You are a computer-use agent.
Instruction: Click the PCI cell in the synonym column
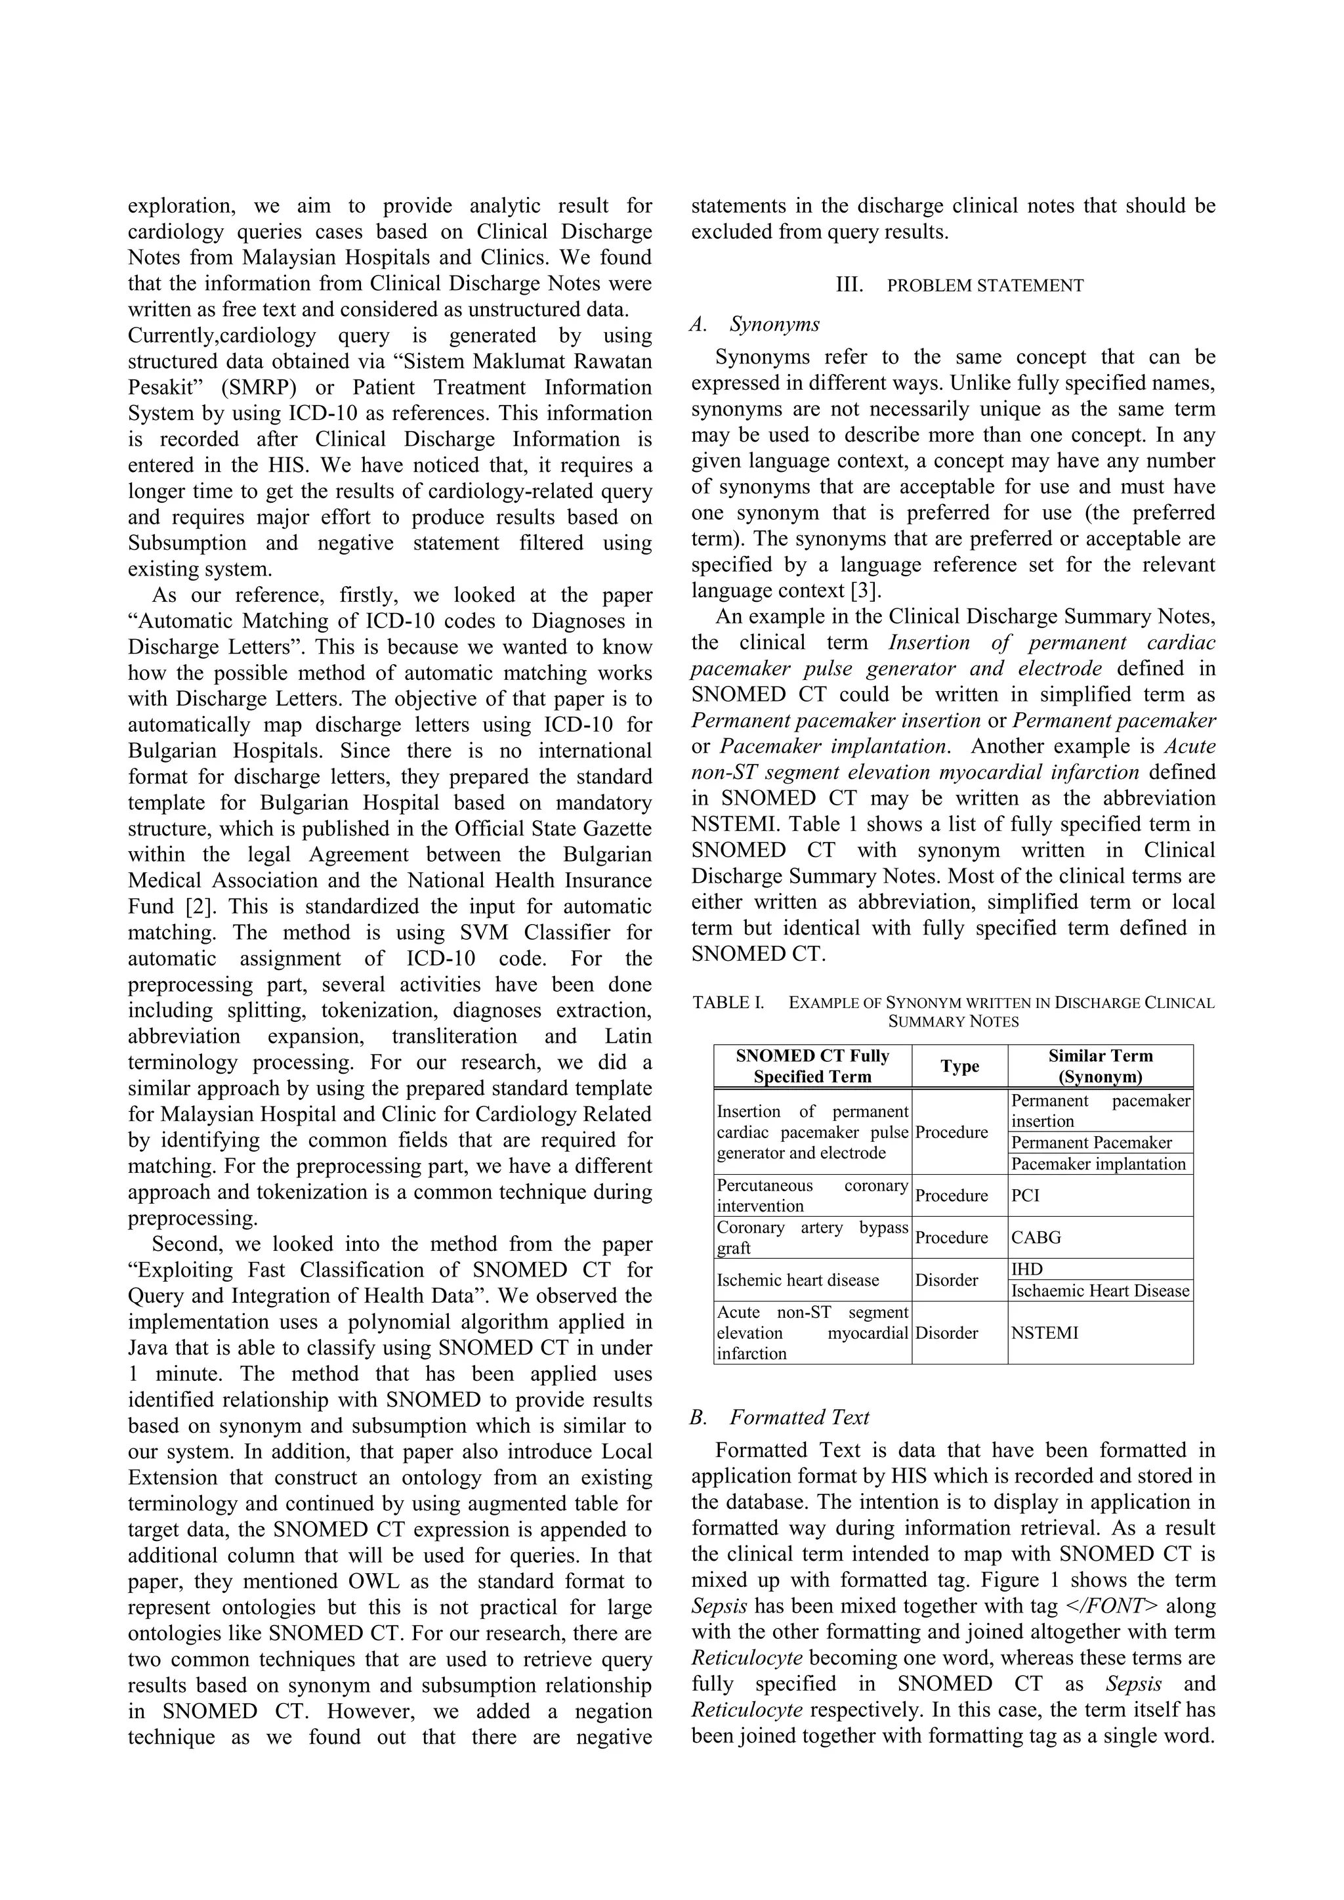coord(1024,1196)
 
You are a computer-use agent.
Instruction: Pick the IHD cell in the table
coord(1027,1269)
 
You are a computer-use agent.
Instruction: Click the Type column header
coord(959,1066)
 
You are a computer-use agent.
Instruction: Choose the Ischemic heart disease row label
coord(798,1280)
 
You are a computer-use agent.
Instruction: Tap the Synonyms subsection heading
coord(774,324)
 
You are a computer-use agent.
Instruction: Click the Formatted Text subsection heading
coord(799,1418)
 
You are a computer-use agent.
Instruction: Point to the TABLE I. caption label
coord(727,1003)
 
